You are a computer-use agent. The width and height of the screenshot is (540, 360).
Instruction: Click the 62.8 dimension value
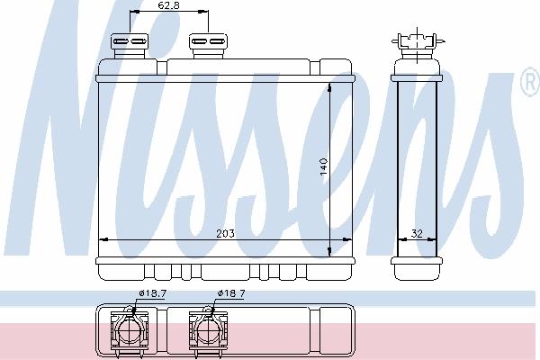[168, 5]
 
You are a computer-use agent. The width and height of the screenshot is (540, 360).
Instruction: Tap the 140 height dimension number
[324, 166]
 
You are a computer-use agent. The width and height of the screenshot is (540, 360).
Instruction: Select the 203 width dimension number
[225, 234]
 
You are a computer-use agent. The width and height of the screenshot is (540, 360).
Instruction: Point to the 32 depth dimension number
[417, 234]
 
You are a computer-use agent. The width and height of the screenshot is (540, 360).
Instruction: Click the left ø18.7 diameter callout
[153, 293]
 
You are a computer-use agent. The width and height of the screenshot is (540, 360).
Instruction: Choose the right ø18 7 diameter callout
[231, 293]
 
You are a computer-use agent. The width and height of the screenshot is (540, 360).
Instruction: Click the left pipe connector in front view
[130, 46]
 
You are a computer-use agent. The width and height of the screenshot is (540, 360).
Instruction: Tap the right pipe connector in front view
[208, 46]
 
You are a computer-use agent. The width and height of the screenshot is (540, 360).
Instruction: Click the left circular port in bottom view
[130, 330]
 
